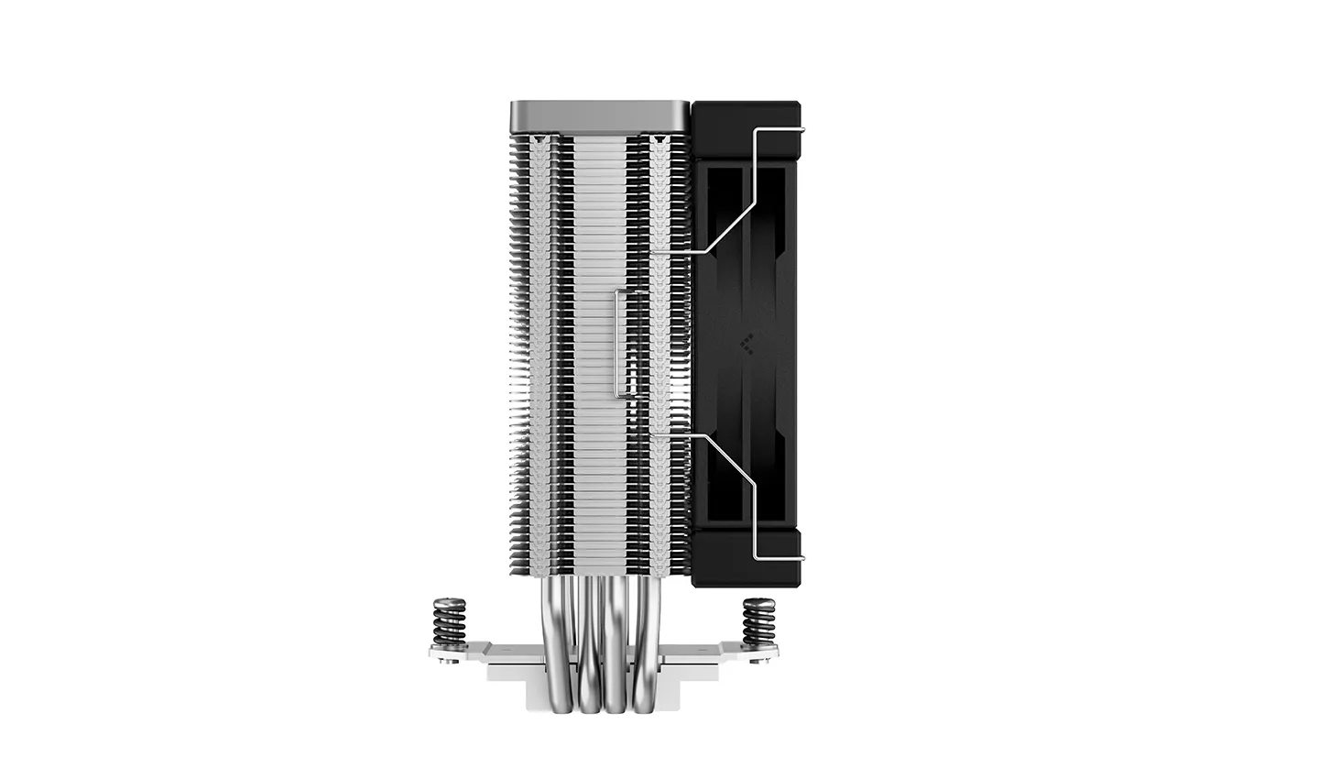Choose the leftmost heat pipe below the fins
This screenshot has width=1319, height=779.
point(561,642)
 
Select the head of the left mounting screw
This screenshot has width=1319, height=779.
point(449,603)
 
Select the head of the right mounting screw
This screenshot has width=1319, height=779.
point(758,603)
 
